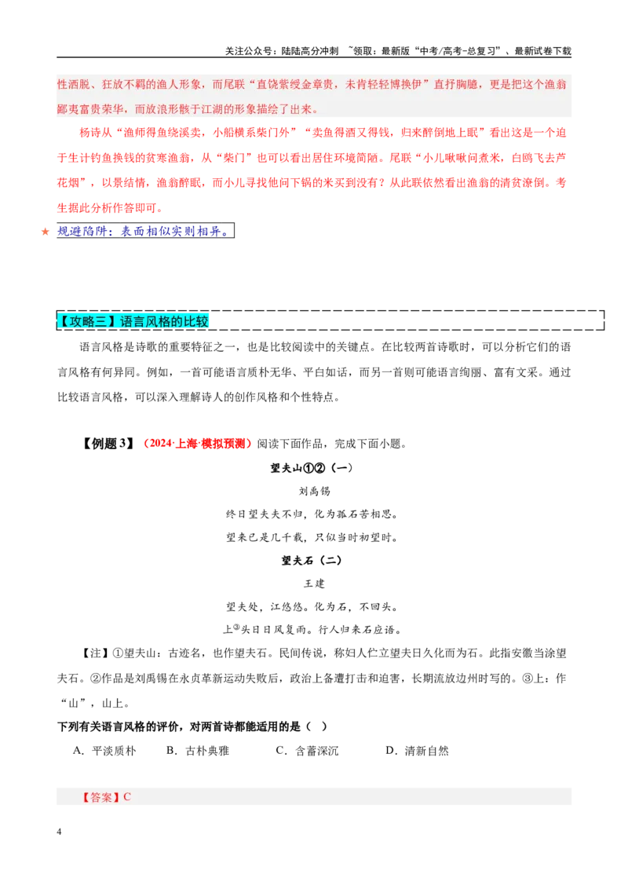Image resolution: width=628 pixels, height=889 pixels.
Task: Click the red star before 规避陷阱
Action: tap(46, 232)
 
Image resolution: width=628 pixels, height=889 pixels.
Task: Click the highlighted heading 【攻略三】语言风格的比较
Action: tap(133, 321)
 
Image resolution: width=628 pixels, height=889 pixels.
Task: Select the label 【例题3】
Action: tap(107, 444)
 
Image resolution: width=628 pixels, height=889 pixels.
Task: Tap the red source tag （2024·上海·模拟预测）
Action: tap(195, 444)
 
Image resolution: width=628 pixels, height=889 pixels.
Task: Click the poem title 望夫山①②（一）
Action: tap(312, 468)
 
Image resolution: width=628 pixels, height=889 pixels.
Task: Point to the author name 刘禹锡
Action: tap(314, 491)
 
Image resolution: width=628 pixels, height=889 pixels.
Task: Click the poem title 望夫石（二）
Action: tap(312, 560)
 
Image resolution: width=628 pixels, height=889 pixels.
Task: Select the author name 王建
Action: tap(314, 584)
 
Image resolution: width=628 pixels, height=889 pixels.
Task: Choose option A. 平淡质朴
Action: tap(105, 751)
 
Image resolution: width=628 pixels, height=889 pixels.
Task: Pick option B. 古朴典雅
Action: tap(198, 751)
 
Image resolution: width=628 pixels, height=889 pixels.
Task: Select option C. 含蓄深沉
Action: tap(307, 751)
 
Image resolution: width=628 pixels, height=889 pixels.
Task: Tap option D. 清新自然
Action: tap(417, 751)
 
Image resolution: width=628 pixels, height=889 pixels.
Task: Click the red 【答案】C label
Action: tap(105, 796)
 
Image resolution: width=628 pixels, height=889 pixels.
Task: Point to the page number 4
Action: tap(59, 832)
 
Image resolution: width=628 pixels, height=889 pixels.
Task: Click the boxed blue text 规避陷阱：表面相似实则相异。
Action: tap(145, 231)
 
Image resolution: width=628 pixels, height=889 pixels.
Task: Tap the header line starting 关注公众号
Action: tap(398, 50)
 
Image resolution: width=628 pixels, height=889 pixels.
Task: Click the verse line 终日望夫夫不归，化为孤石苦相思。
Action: tap(312, 514)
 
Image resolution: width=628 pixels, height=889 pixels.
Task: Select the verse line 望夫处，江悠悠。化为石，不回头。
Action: tap(312, 606)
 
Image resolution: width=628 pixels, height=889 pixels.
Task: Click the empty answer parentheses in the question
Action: tap(316, 726)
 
